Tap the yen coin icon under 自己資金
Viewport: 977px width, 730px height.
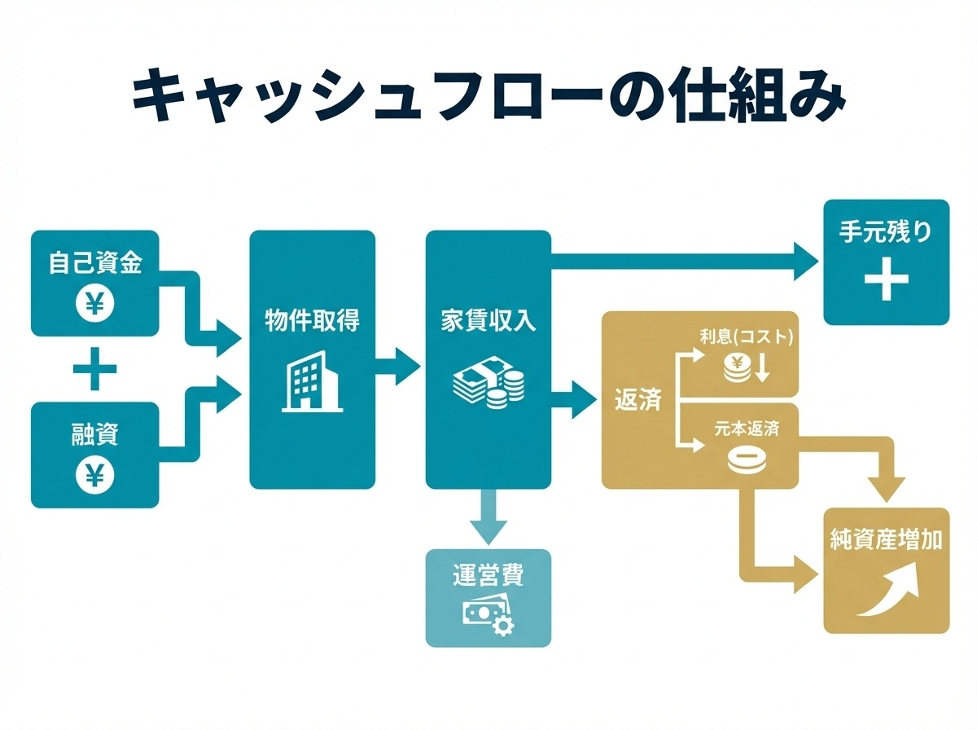click(95, 304)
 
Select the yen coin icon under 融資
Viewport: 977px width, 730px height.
click(95, 475)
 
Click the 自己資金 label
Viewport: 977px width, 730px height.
click(95, 264)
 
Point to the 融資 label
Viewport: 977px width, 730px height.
click(95, 434)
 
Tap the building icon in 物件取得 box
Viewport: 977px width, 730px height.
click(312, 381)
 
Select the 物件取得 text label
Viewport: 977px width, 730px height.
click(312, 319)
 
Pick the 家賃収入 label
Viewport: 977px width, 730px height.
click(488, 320)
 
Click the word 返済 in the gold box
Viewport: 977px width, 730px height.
click(637, 400)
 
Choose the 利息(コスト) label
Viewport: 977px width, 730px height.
click(746, 336)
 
